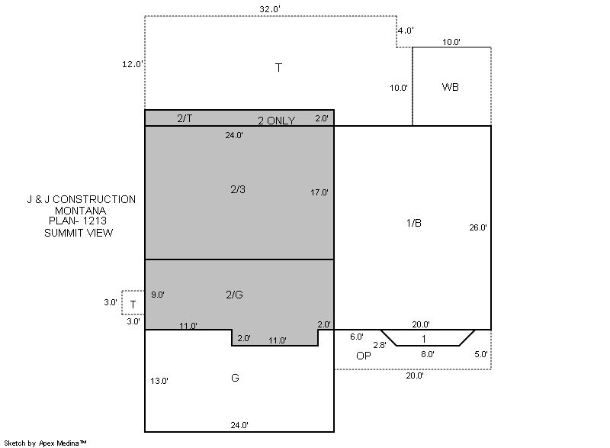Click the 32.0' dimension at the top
click(270, 9)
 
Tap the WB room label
click(450, 87)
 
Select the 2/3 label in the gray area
click(238, 189)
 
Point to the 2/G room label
click(234, 295)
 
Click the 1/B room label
click(413, 223)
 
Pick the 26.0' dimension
click(478, 227)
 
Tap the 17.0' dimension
click(319, 192)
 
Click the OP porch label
click(364, 356)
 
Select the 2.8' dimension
click(380, 345)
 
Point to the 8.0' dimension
click(427, 354)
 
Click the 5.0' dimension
click(481, 354)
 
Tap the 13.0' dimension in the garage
click(159, 381)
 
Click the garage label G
click(235, 378)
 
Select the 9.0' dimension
click(158, 295)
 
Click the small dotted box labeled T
click(133, 303)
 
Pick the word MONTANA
click(80, 211)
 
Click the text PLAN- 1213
click(78, 221)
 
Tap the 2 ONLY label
click(276, 121)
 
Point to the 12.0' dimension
click(132, 64)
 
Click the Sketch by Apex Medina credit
click(45, 443)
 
